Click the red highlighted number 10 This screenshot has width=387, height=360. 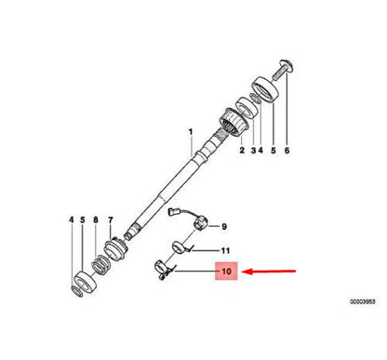point(226,271)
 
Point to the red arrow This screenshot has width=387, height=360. point(269,272)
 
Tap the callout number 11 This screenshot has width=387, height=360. point(225,250)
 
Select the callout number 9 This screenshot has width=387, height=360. point(224,227)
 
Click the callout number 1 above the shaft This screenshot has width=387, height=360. point(191,132)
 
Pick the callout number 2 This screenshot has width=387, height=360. point(242,151)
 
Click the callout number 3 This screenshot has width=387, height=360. point(253,151)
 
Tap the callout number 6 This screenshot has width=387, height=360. point(287,151)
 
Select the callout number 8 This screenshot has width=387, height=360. point(96,220)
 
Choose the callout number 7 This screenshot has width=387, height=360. point(111,220)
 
